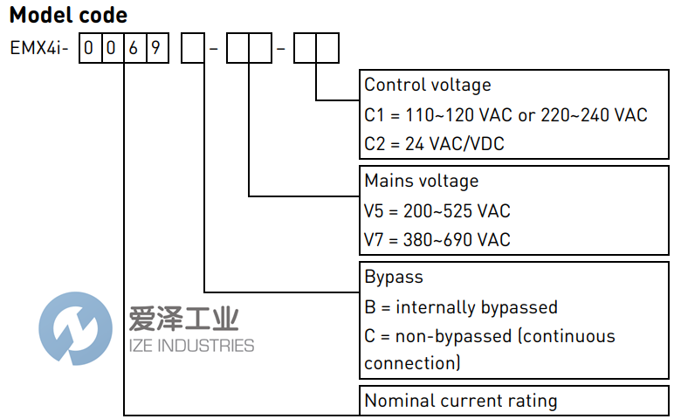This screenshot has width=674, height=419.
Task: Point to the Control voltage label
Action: (x=428, y=86)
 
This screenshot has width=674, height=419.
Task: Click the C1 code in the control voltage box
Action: (x=375, y=114)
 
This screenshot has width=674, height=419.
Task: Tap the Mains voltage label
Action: (x=422, y=182)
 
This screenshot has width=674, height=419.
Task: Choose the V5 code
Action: (x=375, y=211)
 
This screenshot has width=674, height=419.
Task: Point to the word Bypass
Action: (x=394, y=278)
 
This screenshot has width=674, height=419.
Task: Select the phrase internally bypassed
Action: (x=477, y=307)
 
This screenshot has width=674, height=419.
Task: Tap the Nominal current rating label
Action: (x=461, y=402)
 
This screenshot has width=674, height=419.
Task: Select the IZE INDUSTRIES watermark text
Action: (x=191, y=346)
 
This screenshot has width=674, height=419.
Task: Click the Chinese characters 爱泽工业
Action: (x=182, y=319)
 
